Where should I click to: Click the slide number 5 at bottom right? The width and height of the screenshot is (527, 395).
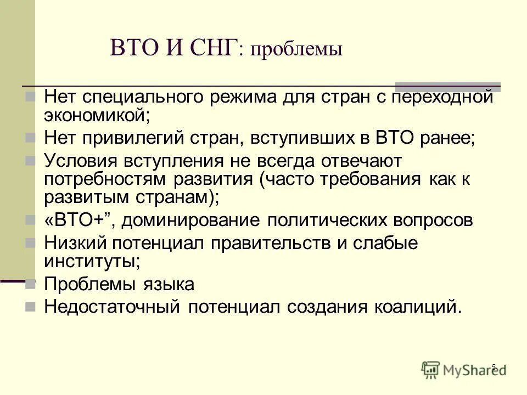494,367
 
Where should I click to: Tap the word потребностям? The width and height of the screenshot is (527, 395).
105,180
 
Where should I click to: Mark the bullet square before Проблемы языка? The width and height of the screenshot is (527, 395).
31,284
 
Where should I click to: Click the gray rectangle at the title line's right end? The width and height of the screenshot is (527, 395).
448,86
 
